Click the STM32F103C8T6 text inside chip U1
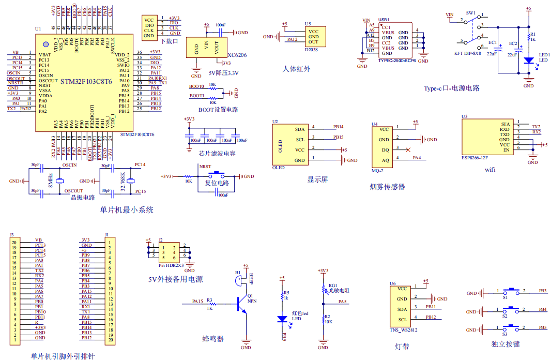pyautogui.click(x=86, y=82)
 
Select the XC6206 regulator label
pyautogui.click(x=237, y=54)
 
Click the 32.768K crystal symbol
pyautogui.click(x=130, y=181)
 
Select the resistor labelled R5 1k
pyautogui.click(x=282, y=296)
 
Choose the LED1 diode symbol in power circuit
pyautogui.click(x=528, y=61)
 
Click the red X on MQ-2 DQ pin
pyautogui.click(x=408, y=149)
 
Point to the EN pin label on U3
pyautogui.click(x=506, y=149)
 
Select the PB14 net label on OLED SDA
pyautogui.click(x=339, y=127)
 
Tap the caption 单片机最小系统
pyautogui.click(x=127, y=210)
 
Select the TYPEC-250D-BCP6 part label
pyautogui.click(x=396, y=61)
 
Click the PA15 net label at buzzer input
pyautogui.click(x=197, y=301)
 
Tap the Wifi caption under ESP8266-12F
pyautogui.click(x=491, y=169)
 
